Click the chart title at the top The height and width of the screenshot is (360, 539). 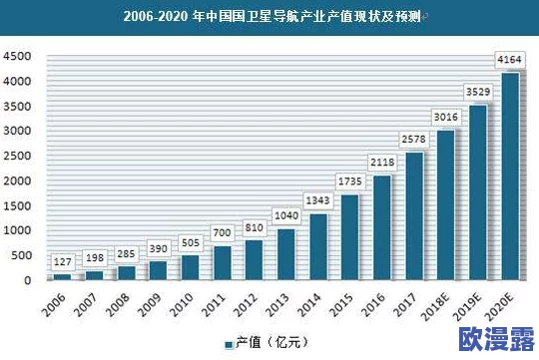click(x=269, y=17)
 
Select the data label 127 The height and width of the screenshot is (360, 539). click(x=63, y=262)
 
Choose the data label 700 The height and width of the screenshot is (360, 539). click(x=222, y=233)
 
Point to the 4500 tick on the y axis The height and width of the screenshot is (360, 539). click(x=19, y=57)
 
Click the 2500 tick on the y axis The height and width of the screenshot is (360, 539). click(x=19, y=157)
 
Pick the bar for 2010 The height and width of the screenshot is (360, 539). click(x=191, y=268)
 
